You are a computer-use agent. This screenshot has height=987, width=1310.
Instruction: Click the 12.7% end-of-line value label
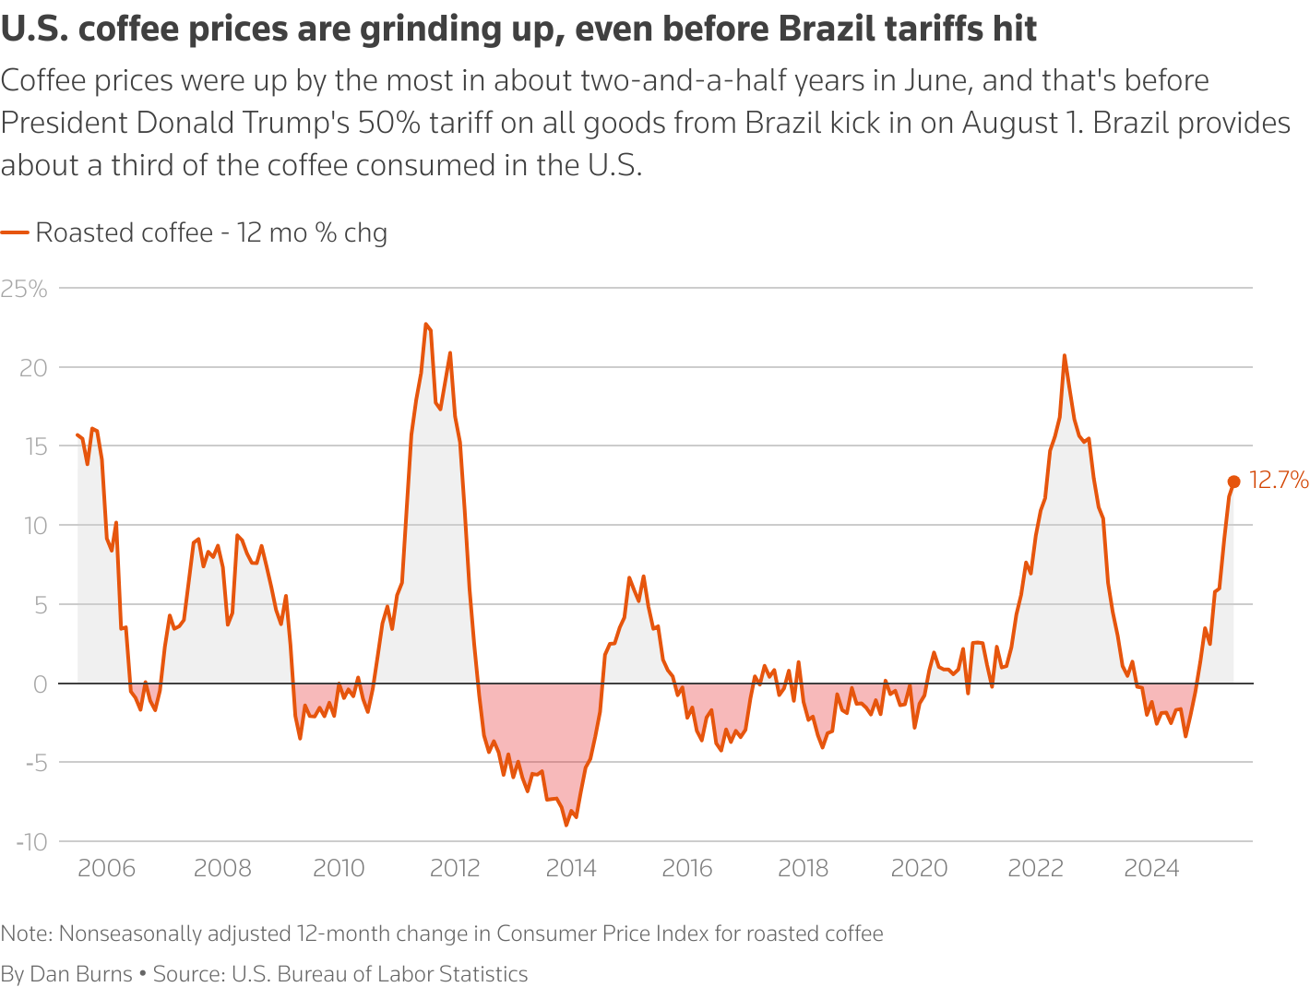click(1279, 480)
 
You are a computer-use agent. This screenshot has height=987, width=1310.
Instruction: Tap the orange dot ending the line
click(1233, 482)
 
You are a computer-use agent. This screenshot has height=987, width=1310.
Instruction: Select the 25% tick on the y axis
click(24, 289)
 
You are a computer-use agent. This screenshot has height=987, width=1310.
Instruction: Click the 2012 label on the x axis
click(455, 868)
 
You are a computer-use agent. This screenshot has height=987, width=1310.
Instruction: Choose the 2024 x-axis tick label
click(1151, 868)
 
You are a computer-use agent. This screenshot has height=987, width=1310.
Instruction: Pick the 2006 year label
click(106, 868)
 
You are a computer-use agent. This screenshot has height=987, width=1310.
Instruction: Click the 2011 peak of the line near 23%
click(425, 324)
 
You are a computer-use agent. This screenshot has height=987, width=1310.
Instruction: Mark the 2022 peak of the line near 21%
click(1065, 355)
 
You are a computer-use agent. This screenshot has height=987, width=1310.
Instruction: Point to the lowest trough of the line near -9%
click(566, 825)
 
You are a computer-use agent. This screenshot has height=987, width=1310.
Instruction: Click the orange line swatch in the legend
click(15, 232)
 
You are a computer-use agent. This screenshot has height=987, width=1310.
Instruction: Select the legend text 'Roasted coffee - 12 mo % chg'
click(211, 232)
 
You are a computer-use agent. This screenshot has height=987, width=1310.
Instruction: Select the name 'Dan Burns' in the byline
click(81, 974)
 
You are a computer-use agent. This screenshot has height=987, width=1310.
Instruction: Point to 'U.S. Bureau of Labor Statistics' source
click(379, 974)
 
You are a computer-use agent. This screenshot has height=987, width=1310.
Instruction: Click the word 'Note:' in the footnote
click(27, 933)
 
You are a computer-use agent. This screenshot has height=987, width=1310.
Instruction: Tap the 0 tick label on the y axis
click(40, 684)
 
